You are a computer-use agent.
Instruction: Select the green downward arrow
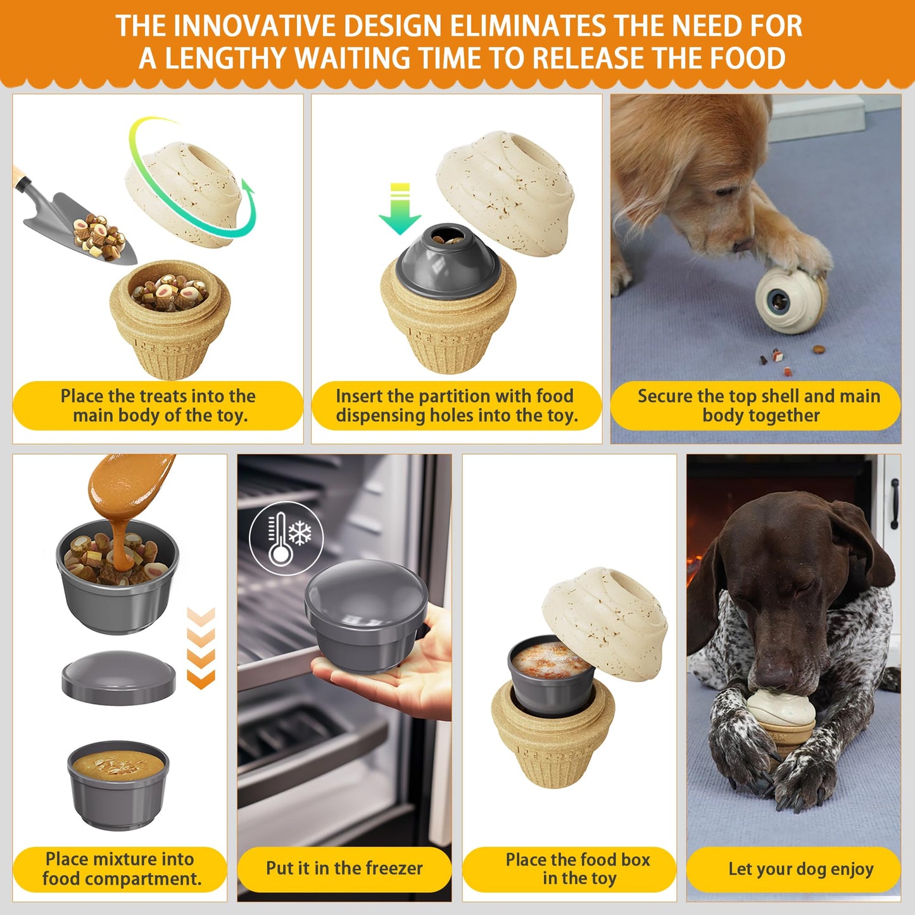400,209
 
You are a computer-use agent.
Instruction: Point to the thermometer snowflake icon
286,538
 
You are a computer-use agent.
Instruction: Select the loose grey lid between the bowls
118,677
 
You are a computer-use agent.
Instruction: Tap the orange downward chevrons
201,648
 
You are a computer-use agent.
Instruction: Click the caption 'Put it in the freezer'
344,868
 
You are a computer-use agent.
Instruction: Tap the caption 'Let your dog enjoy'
800,869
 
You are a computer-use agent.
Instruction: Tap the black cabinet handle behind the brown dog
894,503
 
